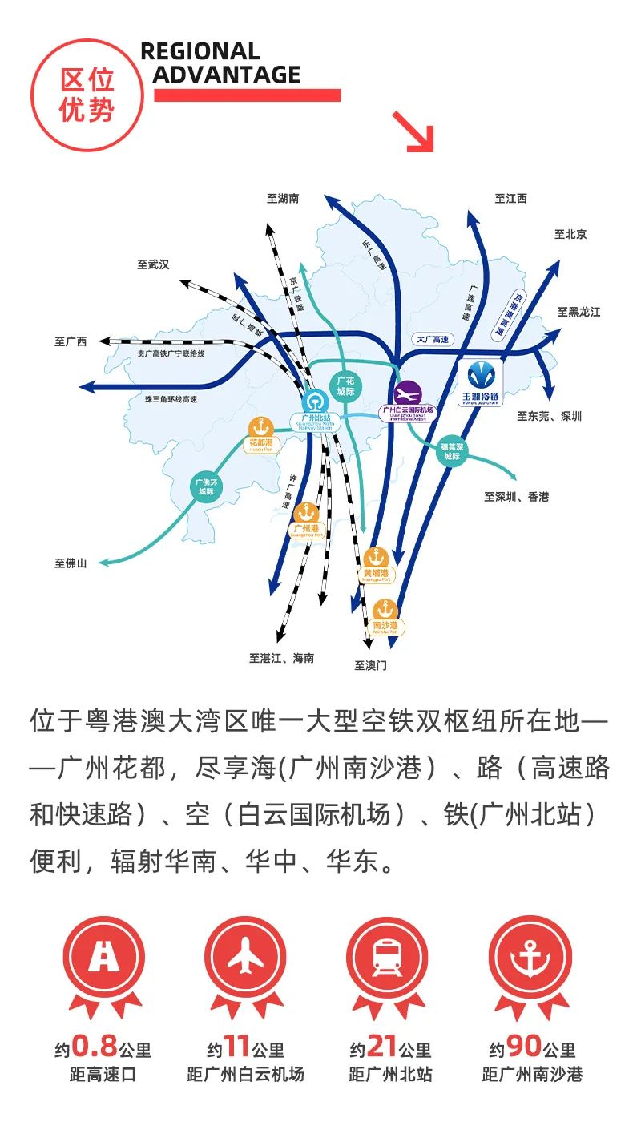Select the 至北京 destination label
[570, 234]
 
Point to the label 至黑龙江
[579, 312]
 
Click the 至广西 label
[71, 341]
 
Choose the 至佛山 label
[71, 563]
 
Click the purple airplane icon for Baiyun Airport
[408, 393]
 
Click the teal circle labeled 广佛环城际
[206, 488]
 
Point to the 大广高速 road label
[433, 340]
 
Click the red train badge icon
[386, 958]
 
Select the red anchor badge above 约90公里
[529, 958]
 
